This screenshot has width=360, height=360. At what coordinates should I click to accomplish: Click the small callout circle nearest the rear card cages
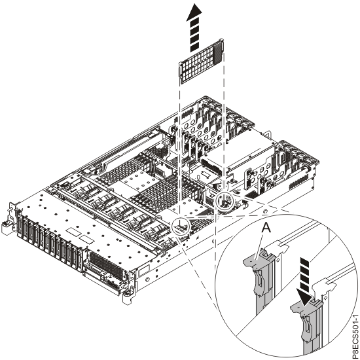point(225,200)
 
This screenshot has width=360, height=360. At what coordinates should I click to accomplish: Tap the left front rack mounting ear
point(8,217)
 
